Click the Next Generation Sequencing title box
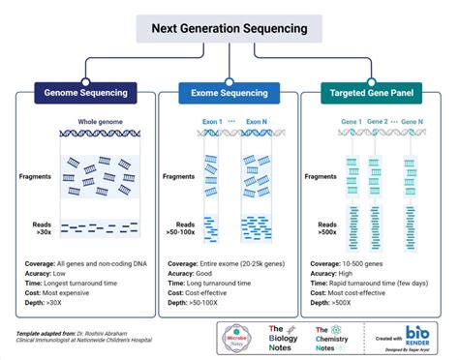click(229, 28)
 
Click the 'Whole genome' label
click(101, 122)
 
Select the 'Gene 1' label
click(350, 122)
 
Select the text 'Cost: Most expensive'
click(62, 291)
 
